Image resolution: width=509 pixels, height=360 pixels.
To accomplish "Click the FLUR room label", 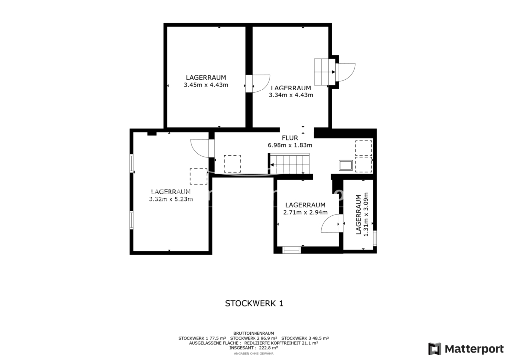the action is tap(290, 138).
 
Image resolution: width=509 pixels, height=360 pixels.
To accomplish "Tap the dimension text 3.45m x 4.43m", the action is tap(206, 85).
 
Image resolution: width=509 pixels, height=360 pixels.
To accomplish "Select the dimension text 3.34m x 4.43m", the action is tap(291, 95).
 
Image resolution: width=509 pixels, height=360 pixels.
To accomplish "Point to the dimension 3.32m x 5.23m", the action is tap(171, 199).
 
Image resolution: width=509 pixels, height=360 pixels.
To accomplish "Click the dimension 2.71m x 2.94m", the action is tap(306, 213).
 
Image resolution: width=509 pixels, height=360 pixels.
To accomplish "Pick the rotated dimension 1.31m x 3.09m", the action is tap(366, 215).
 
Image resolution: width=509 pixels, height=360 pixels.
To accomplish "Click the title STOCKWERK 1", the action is tap(254, 303).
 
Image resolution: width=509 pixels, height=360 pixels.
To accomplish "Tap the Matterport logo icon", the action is tap(435, 349).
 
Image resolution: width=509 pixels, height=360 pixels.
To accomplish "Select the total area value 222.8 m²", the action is tap(268, 348).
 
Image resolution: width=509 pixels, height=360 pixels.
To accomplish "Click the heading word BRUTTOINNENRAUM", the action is tap(254, 333).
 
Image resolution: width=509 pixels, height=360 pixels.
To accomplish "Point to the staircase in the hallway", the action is tap(290, 164).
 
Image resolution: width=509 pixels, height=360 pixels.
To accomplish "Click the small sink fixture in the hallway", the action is tap(346, 165).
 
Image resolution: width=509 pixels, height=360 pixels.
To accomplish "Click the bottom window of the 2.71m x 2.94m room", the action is tap(291, 250).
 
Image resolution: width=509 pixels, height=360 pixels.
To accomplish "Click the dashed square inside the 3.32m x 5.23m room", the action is tap(199, 176).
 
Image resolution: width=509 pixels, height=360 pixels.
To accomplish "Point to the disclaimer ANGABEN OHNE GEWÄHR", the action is tap(254, 353).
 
